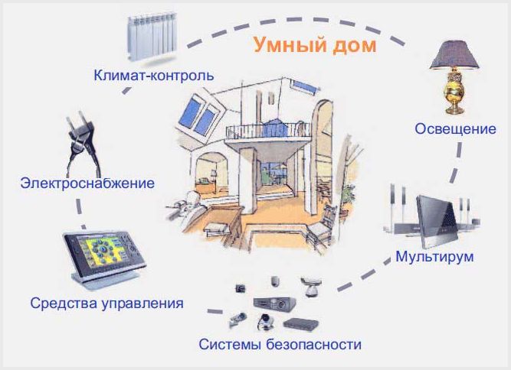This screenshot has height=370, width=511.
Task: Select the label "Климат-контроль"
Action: click(153, 76)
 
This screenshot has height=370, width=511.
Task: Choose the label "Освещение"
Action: click(455, 128)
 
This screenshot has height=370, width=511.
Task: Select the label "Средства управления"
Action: click(106, 303)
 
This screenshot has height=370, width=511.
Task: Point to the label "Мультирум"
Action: click(434, 256)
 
